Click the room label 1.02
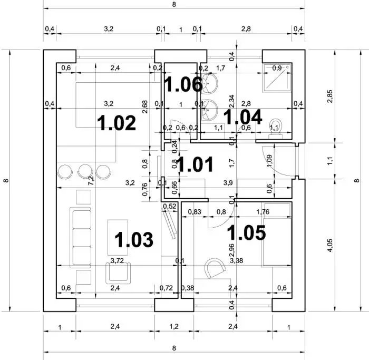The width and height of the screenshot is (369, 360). point(117,123)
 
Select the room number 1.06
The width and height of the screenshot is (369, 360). point(180,83)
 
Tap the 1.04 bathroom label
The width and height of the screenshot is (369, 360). point(243,116)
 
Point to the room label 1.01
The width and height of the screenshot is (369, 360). point(195,164)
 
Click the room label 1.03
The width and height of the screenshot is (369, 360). point(134,239)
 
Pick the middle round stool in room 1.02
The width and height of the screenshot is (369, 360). point(85,171)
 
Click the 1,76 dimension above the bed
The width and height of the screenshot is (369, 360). point(262,212)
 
